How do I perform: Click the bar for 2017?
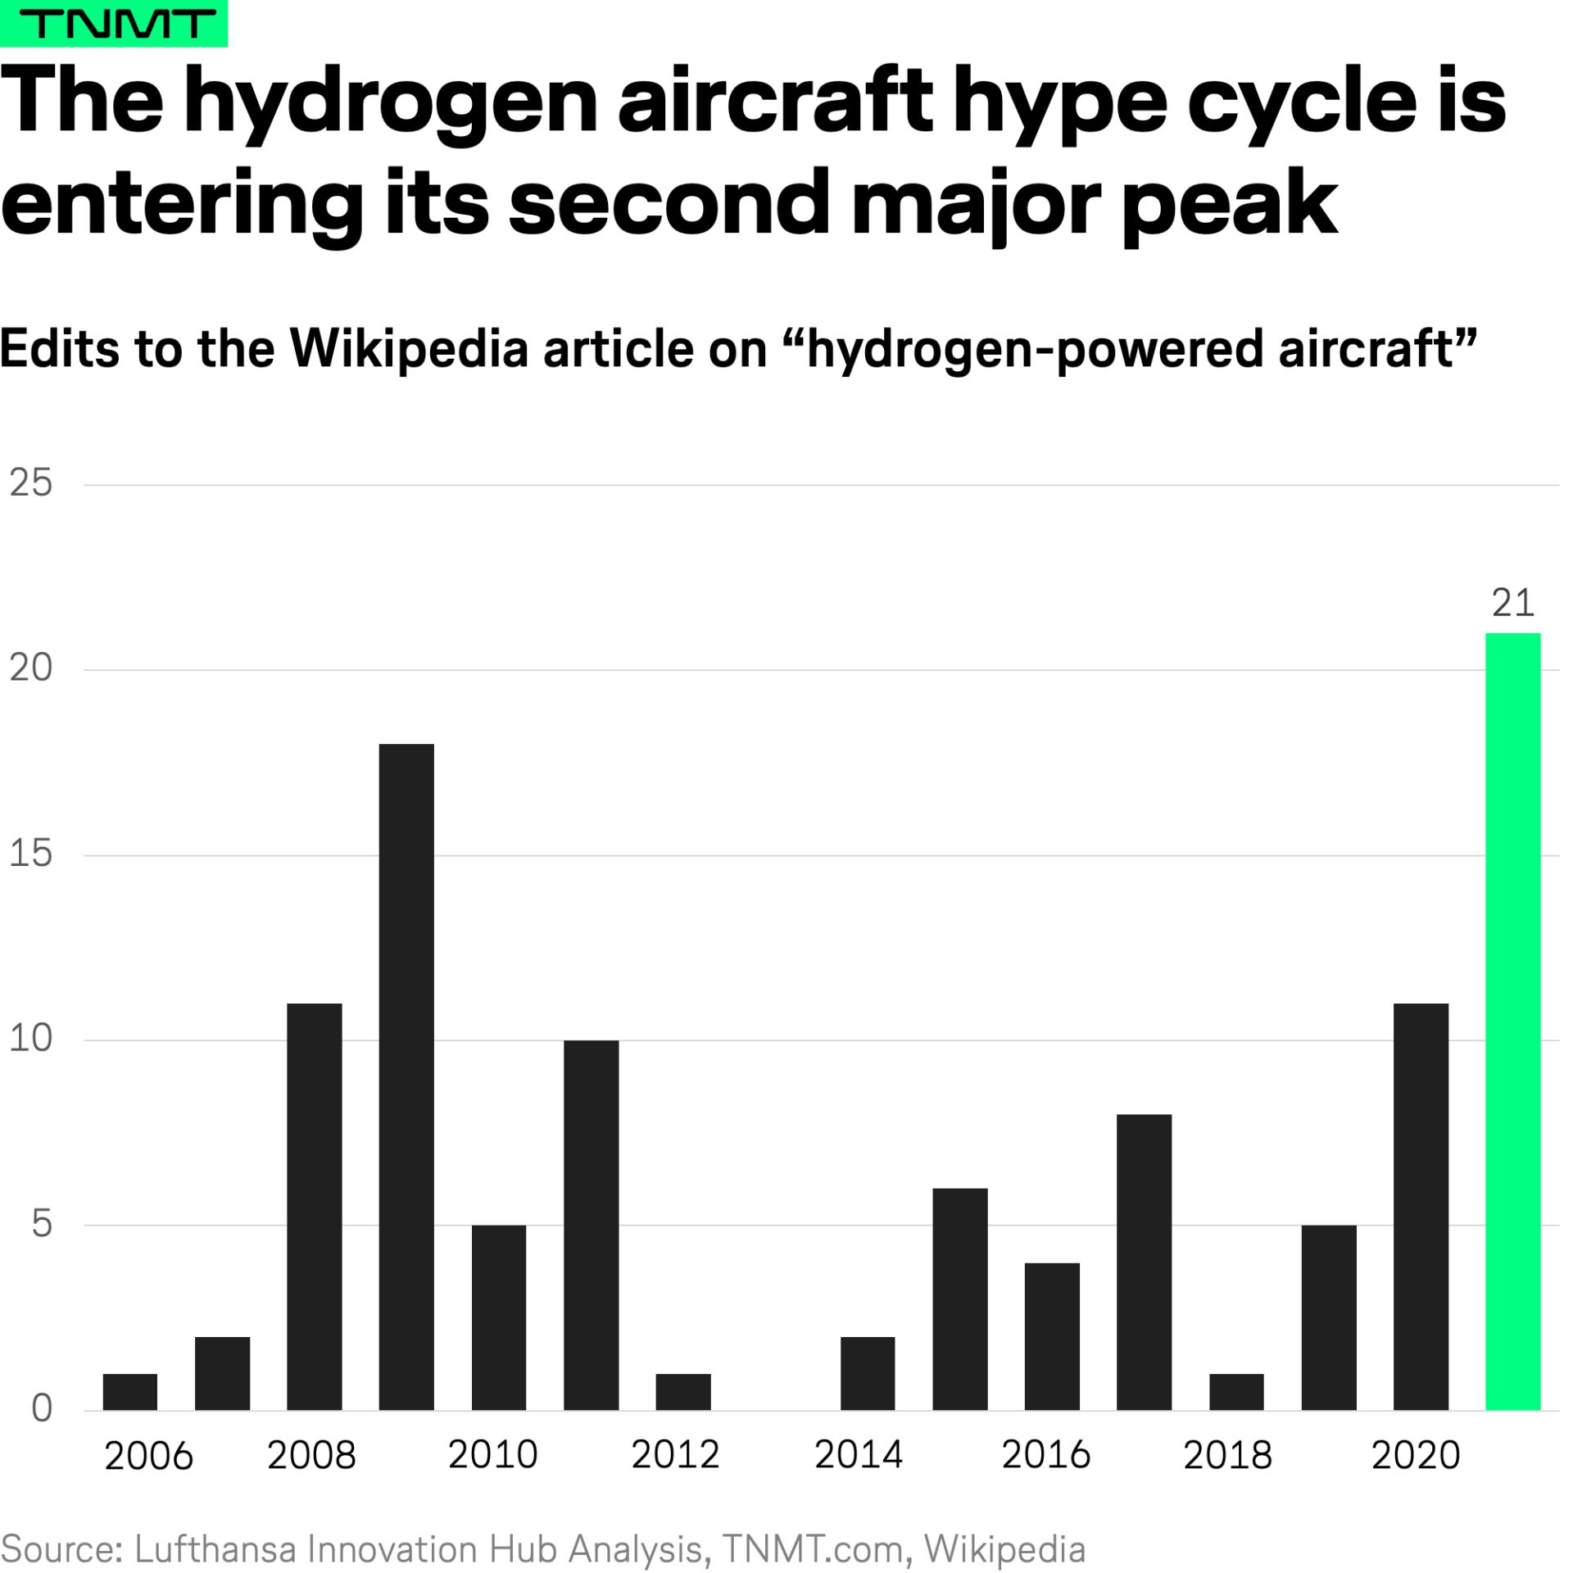[x=1144, y=1262]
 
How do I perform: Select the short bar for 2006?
[x=129, y=1392]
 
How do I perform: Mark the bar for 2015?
[x=959, y=1299]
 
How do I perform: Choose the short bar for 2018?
[x=1236, y=1392]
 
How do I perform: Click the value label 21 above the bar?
[x=1512, y=603]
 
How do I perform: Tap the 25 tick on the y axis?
[x=31, y=483]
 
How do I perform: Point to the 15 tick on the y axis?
[x=31, y=854]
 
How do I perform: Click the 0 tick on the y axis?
[x=42, y=1408]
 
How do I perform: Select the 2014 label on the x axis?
[x=858, y=1455]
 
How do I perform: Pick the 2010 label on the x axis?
[x=492, y=1455]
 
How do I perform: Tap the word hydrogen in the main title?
[x=392, y=102]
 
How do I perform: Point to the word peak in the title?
[x=1229, y=205]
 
